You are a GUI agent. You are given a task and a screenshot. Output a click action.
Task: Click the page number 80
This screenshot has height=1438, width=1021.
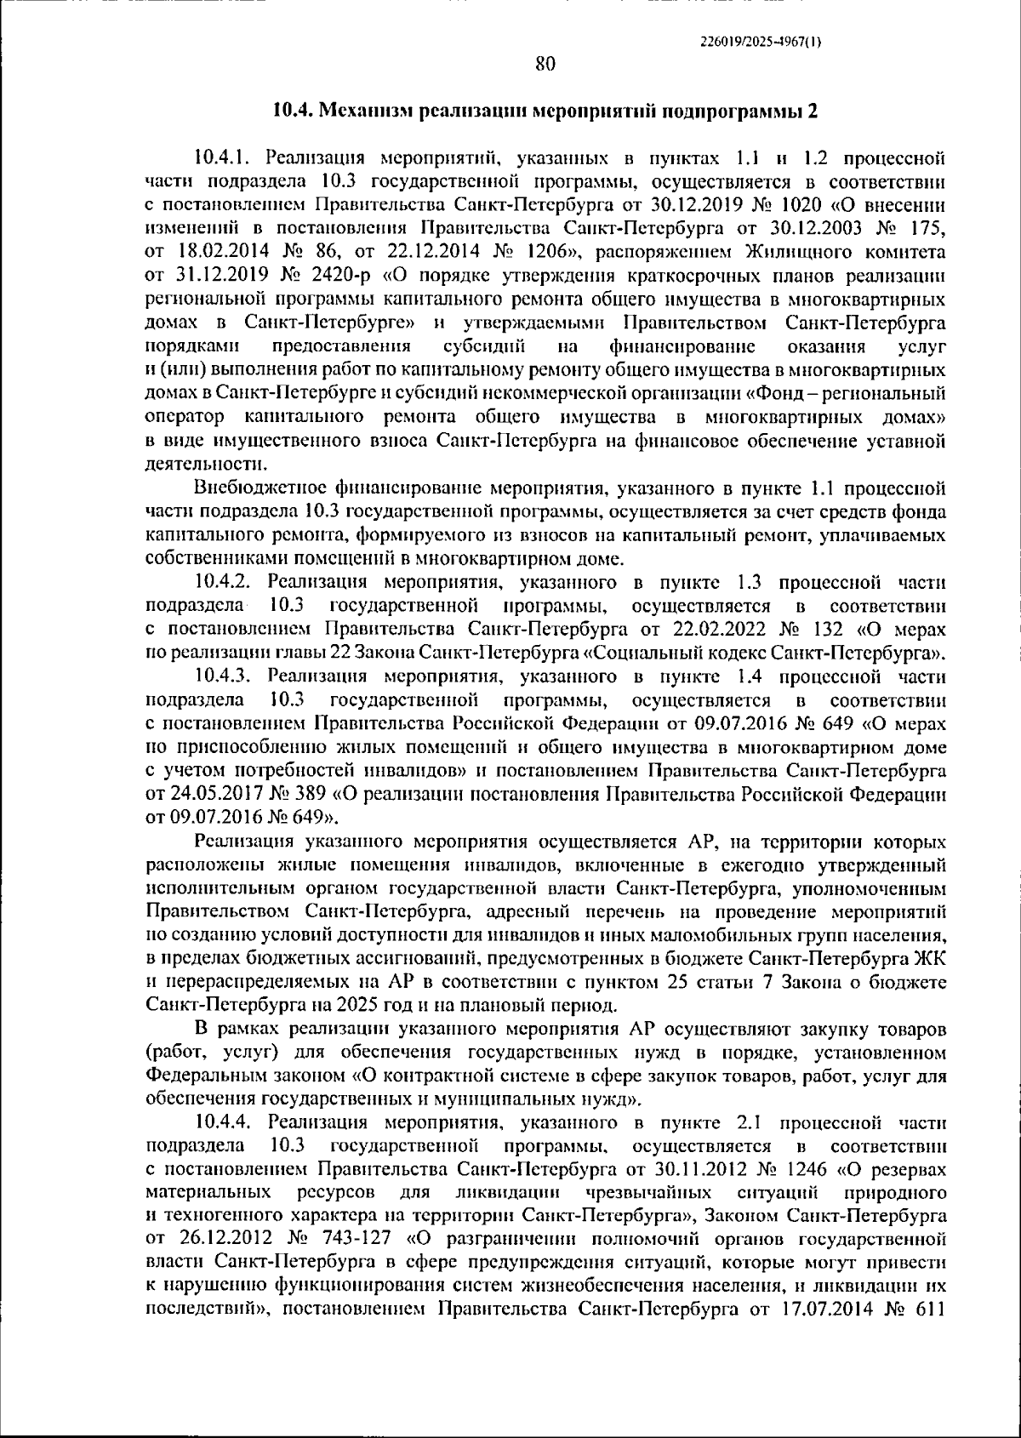[x=545, y=65]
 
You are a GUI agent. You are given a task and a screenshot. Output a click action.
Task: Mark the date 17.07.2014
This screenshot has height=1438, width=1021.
[x=824, y=1332]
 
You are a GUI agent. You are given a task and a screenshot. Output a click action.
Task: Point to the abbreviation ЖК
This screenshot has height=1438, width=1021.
[x=929, y=959]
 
